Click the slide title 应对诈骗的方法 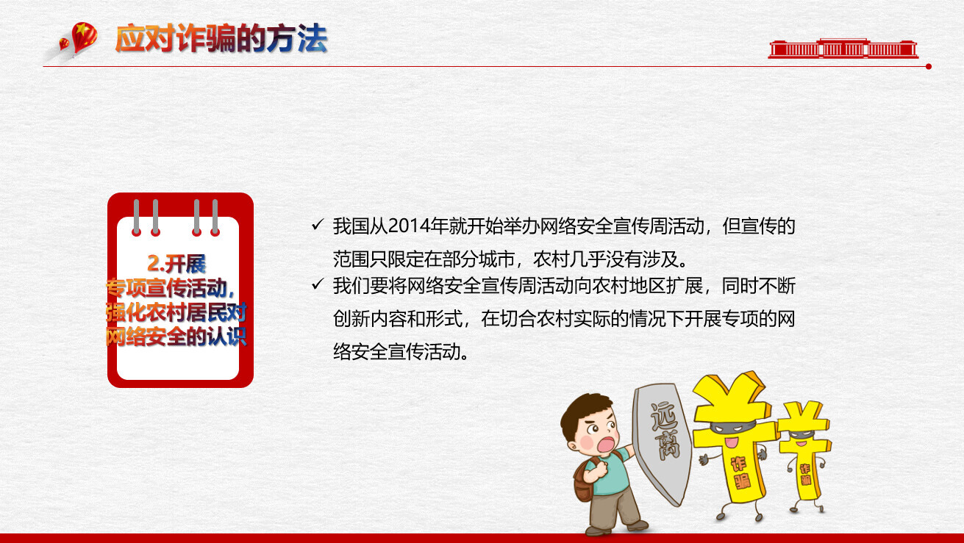[x=221, y=39]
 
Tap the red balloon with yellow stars [x=84, y=37]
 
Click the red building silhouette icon [x=843, y=48]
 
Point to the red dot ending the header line [x=928, y=67]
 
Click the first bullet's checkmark [x=318, y=224]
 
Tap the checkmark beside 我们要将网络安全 [x=318, y=284]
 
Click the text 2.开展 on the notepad [x=176, y=264]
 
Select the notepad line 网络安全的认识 [x=176, y=337]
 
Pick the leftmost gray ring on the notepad [x=137, y=217]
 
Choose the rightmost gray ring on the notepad [x=215, y=217]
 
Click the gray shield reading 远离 [x=663, y=443]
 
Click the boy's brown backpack [x=585, y=479]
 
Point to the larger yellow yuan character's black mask [x=732, y=427]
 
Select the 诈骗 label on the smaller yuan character [x=805, y=474]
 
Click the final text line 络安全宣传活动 [x=401, y=352]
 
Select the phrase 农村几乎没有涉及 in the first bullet [x=610, y=259]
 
